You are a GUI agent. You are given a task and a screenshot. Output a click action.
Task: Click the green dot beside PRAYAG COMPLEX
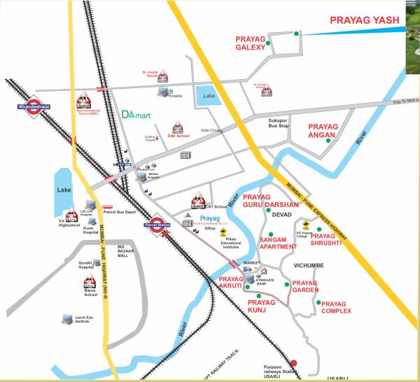[x=318, y=303]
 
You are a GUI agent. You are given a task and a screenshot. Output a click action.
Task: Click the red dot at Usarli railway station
[x=294, y=362]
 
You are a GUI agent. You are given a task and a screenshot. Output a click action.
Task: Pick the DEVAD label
[x=281, y=215]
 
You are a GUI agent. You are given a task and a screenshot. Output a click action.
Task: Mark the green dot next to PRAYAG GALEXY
[x=297, y=34]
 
